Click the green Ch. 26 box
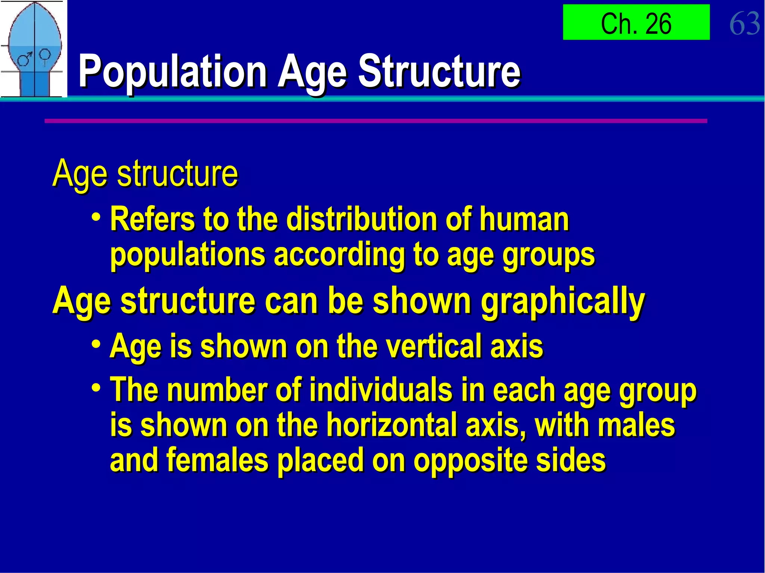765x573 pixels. click(636, 22)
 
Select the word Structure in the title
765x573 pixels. click(439, 71)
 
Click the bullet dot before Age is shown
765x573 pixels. click(96, 344)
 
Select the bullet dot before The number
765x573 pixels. click(96, 387)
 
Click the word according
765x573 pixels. click(339, 255)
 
